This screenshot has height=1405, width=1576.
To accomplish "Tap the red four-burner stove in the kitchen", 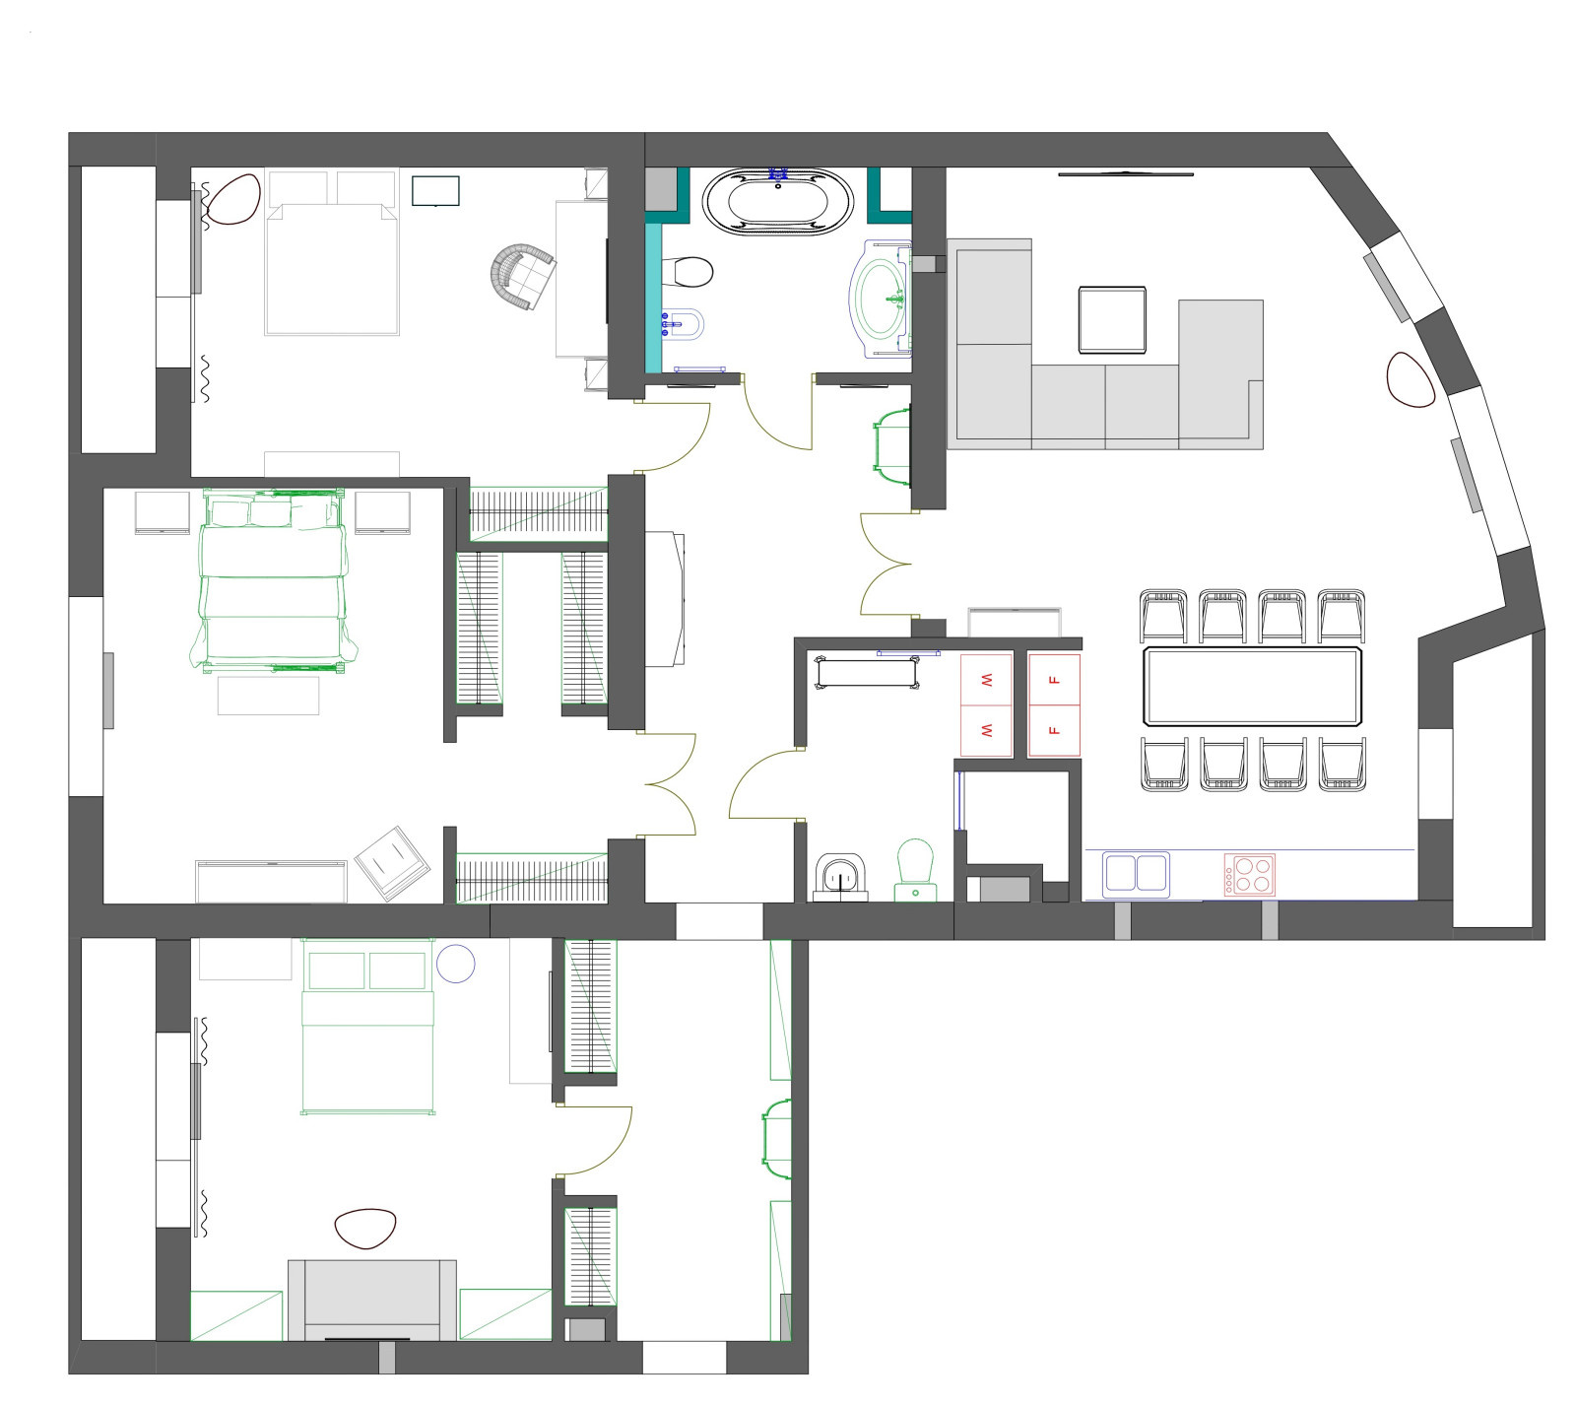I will [x=1249, y=874].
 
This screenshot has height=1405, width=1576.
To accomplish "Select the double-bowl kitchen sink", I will [x=1137, y=873].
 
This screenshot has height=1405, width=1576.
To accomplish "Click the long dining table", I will [x=1252, y=686].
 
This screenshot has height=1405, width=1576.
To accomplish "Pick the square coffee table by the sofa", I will [x=1112, y=319].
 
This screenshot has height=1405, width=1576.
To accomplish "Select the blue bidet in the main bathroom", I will [x=687, y=323].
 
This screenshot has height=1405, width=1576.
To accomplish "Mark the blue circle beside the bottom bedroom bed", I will [x=456, y=963].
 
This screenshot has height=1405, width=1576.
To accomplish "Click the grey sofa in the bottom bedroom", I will [x=372, y=1299].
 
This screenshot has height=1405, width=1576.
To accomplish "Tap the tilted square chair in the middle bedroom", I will [x=392, y=862].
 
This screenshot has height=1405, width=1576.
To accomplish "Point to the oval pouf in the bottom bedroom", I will [x=365, y=1228].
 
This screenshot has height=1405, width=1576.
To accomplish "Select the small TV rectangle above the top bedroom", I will [x=435, y=190].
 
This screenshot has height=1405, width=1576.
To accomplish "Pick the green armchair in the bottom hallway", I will [x=777, y=1138].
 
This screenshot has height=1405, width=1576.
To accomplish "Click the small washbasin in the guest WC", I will [x=840, y=876].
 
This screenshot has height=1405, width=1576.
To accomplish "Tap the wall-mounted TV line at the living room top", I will [x=1126, y=174].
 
